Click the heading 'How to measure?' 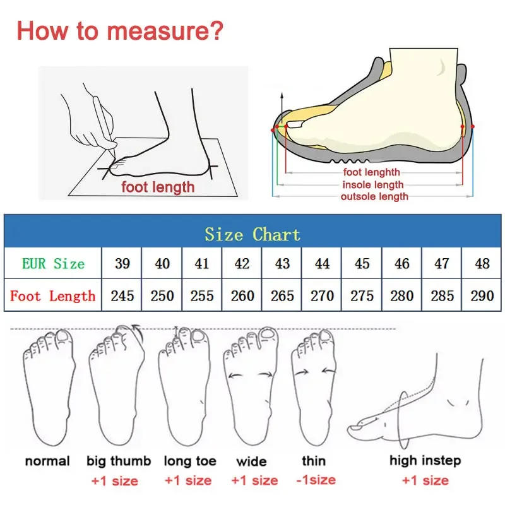(x=119, y=30)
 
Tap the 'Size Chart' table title (x=252, y=234)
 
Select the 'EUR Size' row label (x=53, y=263)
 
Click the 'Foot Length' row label (x=53, y=295)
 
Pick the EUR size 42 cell (x=242, y=263)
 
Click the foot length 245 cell (x=122, y=295)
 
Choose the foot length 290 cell (x=482, y=295)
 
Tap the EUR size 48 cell (x=482, y=263)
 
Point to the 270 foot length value (x=322, y=295)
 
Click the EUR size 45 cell (x=362, y=263)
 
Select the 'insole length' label (x=372, y=184)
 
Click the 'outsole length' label (x=374, y=196)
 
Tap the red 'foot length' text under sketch (x=158, y=187)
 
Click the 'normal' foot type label (x=47, y=461)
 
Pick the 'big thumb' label (x=119, y=461)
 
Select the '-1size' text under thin (x=314, y=480)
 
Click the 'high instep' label (x=425, y=461)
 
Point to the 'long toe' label (x=189, y=461)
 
